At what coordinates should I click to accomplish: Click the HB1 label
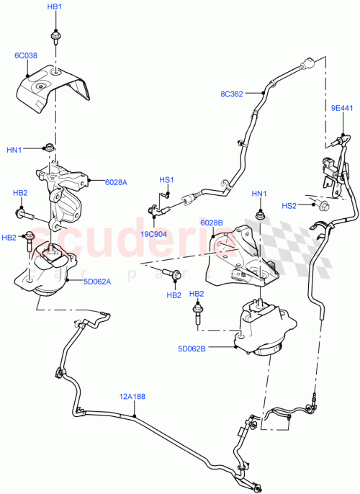coord(55,6)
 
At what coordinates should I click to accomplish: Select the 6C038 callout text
coord(26,55)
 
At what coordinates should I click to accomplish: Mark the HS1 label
coord(166,179)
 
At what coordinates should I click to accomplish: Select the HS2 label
coord(288,206)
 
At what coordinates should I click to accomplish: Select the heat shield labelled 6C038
coord(54,88)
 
